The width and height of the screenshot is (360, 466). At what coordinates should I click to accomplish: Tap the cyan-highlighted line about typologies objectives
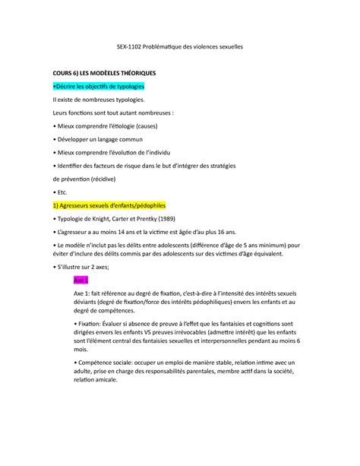(99, 87)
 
